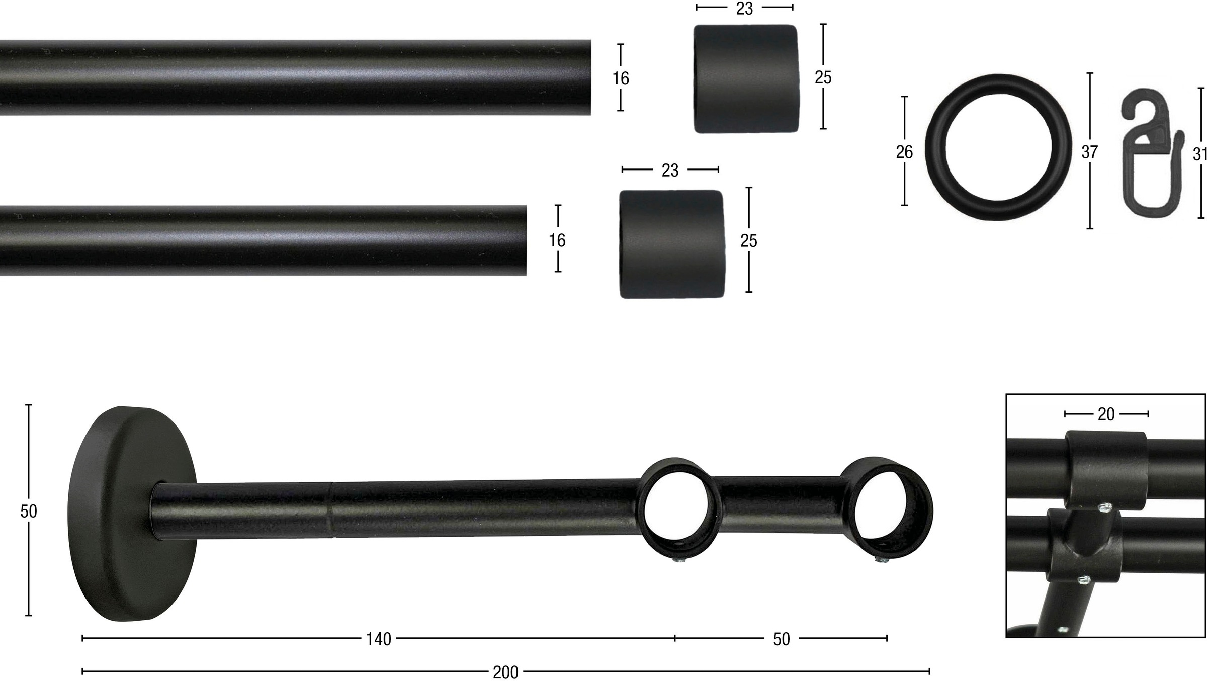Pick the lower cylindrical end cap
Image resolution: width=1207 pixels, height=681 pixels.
[671, 244]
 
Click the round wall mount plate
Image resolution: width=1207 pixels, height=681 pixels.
[132, 514]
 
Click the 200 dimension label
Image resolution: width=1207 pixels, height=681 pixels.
[505, 672]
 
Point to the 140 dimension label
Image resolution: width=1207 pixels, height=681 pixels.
[378, 639]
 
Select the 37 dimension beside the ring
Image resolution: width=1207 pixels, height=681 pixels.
[1089, 152]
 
